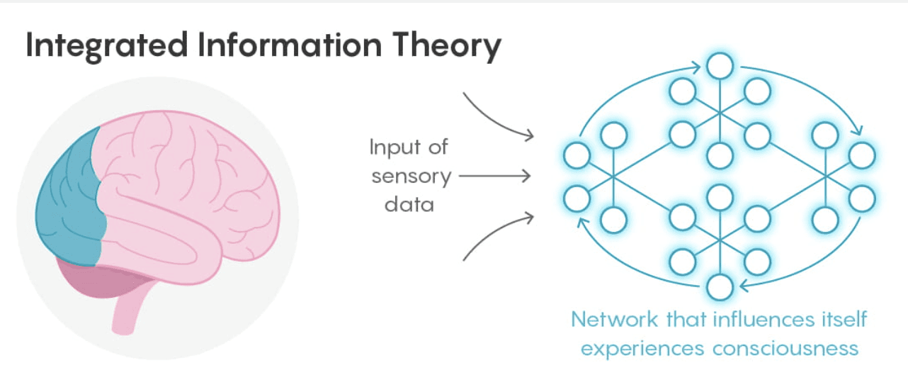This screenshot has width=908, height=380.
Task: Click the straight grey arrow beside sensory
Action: pyautogui.click(x=494, y=176)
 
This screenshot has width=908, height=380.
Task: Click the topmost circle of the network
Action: pyautogui.click(x=720, y=67)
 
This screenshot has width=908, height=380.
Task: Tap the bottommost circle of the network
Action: pyautogui.click(x=720, y=288)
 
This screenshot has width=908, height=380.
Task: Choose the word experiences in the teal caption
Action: pyautogui.click(x=645, y=349)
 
